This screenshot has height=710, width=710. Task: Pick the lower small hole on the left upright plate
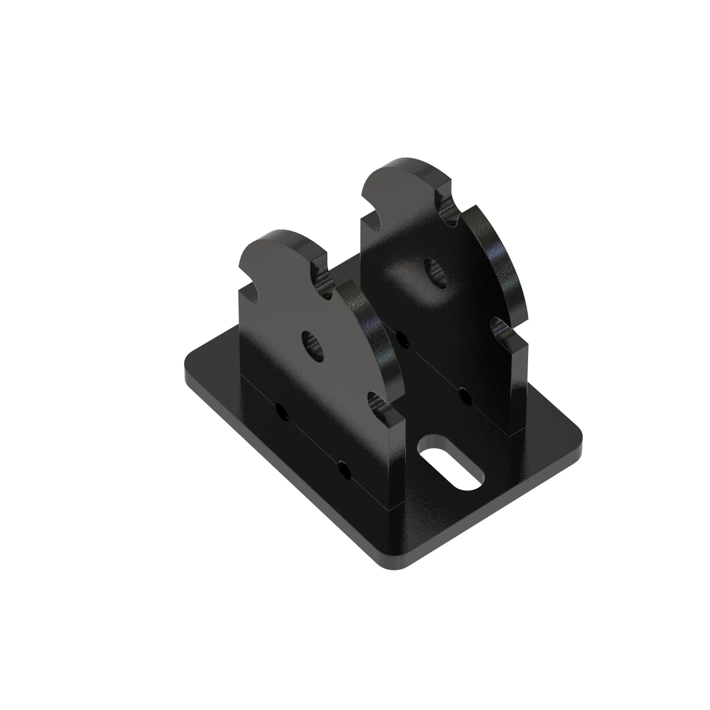coord(345,469)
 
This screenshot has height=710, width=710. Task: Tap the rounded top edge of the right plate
coord(404,165)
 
